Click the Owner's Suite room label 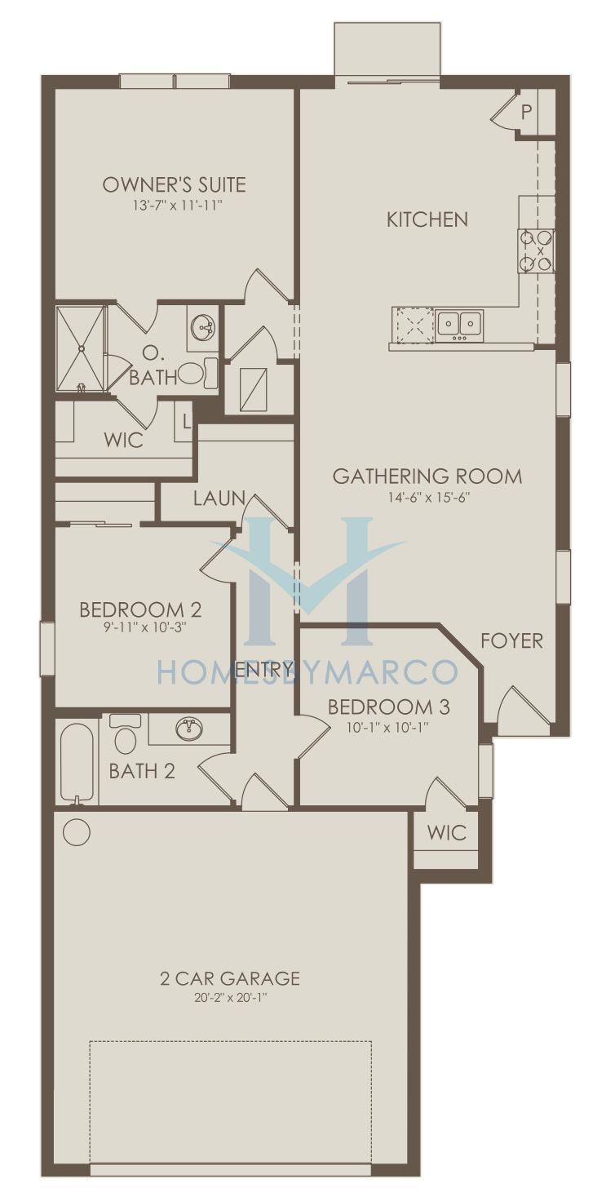(174, 184)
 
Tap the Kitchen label (427, 219)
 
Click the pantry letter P (527, 112)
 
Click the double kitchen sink (460, 325)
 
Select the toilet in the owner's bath (197, 373)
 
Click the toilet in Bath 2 (126, 733)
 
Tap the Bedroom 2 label (140, 609)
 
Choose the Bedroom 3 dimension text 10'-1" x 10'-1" (388, 728)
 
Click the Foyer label (511, 640)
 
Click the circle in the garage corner (76, 831)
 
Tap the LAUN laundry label (219, 499)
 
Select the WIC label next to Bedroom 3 (447, 833)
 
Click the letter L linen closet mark (186, 422)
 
